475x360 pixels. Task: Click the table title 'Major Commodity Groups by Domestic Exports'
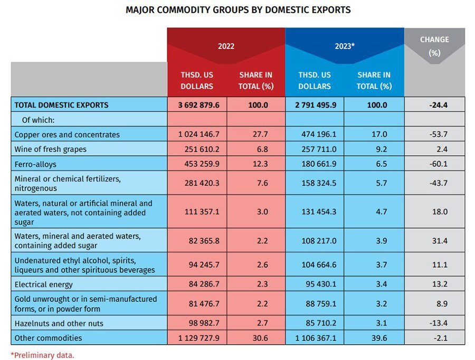(237, 10)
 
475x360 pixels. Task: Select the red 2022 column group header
(226, 46)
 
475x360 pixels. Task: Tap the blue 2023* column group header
(344, 46)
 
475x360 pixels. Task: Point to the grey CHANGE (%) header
(434, 46)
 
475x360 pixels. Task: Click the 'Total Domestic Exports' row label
(61, 105)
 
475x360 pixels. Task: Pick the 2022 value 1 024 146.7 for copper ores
(197, 135)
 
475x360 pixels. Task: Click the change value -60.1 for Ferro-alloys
(435, 164)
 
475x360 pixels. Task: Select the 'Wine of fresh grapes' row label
(50, 149)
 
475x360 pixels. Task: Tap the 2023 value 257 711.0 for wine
(315, 149)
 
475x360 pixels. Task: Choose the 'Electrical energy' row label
(44, 284)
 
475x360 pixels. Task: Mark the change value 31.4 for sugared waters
(435, 241)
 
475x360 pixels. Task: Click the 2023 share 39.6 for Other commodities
(374, 338)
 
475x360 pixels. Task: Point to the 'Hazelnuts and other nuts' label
(59, 323)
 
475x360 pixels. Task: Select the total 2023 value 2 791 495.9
(314, 105)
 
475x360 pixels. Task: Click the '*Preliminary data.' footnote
(43, 355)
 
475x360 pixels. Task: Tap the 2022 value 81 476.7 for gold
(197, 304)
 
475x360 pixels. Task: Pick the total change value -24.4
(435, 105)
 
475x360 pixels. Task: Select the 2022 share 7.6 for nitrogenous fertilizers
(256, 183)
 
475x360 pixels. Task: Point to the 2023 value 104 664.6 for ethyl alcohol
(315, 264)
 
